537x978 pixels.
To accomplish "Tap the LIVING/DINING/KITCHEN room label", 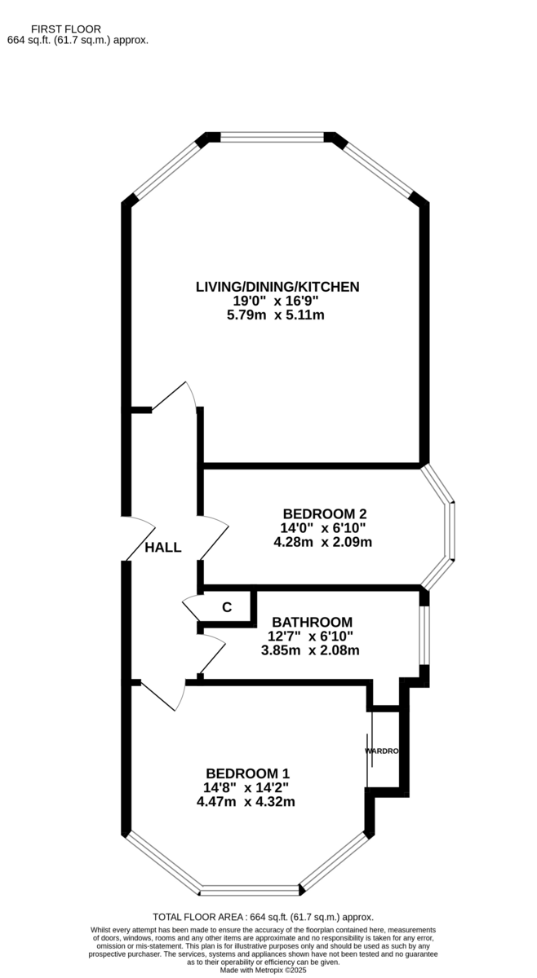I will [x=277, y=287].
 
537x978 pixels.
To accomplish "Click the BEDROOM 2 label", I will [x=324, y=514].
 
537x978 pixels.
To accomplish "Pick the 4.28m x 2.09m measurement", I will [x=325, y=542].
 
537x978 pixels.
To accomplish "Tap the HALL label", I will [x=163, y=548].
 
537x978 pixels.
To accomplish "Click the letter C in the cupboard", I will [x=227, y=607].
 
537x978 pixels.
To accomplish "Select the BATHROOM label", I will [x=312, y=622].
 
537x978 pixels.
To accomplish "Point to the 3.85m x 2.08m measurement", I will [x=312, y=650].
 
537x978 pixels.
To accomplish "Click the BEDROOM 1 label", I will [x=246, y=773].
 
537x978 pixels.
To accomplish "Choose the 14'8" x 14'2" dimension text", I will [x=246, y=787].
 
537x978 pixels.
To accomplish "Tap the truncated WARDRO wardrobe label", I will [x=382, y=751].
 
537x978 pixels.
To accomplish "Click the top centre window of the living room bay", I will [x=273, y=138].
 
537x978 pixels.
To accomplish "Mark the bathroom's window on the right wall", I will [x=424, y=636].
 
